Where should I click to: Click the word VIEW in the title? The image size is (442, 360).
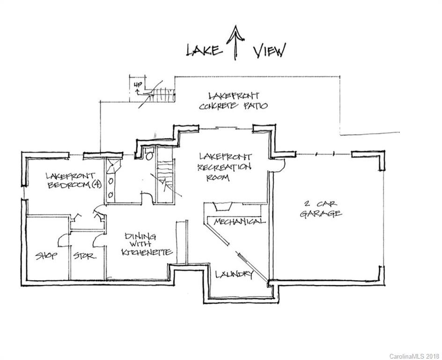[x=269, y=50]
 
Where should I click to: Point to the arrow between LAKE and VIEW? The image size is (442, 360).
[x=235, y=42]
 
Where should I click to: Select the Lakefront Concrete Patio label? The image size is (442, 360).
[x=233, y=101]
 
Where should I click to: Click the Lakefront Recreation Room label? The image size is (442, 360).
[x=224, y=167]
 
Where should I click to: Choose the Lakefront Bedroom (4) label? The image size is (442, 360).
[x=74, y=181]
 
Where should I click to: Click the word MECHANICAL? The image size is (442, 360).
[x=240, y=221]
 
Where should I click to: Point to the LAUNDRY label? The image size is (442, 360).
[x=234, y=274]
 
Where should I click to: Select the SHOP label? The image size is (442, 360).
[x=46, y=256]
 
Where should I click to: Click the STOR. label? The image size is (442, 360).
[x=85, y=256]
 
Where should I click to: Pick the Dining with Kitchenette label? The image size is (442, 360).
[x=147, y=244]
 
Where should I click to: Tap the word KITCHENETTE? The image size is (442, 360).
[x=147, y=252]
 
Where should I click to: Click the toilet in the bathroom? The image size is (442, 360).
[x=149, y=154]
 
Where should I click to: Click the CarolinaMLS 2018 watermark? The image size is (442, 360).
[x=414, y=356]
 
